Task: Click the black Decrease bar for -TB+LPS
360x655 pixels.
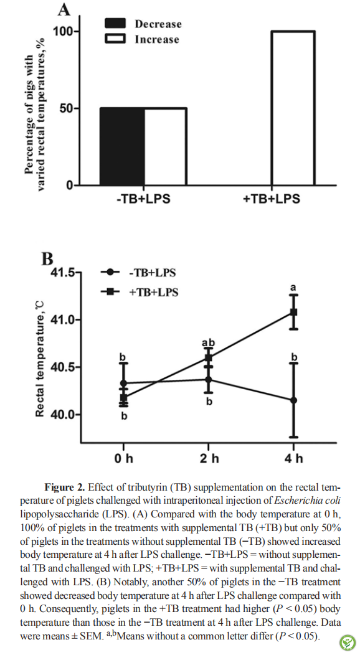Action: point(122,146)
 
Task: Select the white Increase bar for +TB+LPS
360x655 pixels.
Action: point(293,108)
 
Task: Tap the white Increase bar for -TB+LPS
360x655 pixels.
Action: point(166,146)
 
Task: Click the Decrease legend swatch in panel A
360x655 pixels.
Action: point(115,24)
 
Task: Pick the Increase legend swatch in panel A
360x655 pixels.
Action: point(115,39)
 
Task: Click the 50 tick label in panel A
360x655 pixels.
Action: point(65,108)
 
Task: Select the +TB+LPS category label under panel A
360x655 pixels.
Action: point(272,199)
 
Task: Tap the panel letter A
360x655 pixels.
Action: point(64,9)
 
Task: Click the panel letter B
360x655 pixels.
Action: point(47,259)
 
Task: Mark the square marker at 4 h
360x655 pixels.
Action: point(293,312)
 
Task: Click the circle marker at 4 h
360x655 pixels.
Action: point(293,400)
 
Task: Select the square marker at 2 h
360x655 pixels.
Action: point(209,357)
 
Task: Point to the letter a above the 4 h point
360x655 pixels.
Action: point(293,288)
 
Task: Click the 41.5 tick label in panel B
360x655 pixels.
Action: point(64,273)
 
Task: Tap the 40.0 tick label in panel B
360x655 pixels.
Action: point(64,415)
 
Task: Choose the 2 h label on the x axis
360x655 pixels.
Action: point(209,458)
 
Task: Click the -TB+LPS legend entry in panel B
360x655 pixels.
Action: point(138,273)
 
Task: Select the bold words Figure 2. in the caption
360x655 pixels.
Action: point(65,488)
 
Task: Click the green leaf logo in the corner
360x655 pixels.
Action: point(348,643)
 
